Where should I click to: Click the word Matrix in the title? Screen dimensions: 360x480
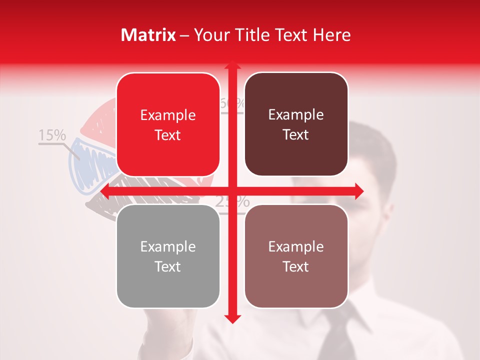[148, 35]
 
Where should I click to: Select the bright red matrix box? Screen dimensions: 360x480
[168, 124]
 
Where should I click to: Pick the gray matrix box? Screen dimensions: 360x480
[168, 256]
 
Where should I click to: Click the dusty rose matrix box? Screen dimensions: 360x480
[296, 256]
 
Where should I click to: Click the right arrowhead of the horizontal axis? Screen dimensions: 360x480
[358, 191]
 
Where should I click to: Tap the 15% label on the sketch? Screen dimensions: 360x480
[52, 135]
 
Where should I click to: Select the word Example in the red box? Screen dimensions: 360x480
[168, 115]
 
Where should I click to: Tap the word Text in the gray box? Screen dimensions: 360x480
[168, 266]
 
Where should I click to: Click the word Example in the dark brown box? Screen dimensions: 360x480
[296, 115]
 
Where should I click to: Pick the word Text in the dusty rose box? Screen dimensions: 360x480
[296, 266]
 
